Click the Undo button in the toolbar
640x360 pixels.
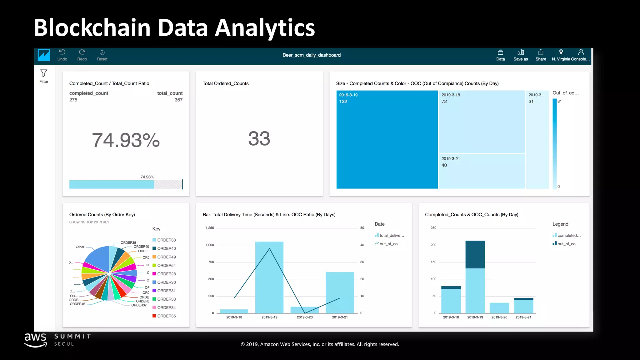(62, 55)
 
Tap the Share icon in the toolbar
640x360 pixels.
(541, 55)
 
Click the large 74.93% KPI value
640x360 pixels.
(126, 140)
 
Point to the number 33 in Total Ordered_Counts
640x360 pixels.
(259, 138)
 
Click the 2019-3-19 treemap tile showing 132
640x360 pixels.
(387, 139)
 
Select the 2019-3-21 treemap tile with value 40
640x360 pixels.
(481, 171)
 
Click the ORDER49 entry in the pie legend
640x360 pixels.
(166, 257)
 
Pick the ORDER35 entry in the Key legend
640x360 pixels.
(166, 316)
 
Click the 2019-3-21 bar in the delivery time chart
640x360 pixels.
(340, 292)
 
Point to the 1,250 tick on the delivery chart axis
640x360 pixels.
(210, 228)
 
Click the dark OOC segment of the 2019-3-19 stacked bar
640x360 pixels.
(475, 254)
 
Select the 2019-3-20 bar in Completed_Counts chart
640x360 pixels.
(499, 308)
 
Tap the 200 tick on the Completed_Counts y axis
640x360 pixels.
(433, 245)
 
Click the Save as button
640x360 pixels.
(520, 55)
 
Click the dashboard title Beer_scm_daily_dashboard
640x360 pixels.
(311, 55)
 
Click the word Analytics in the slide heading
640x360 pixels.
(265, 28)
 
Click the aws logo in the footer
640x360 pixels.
(36, 340)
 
